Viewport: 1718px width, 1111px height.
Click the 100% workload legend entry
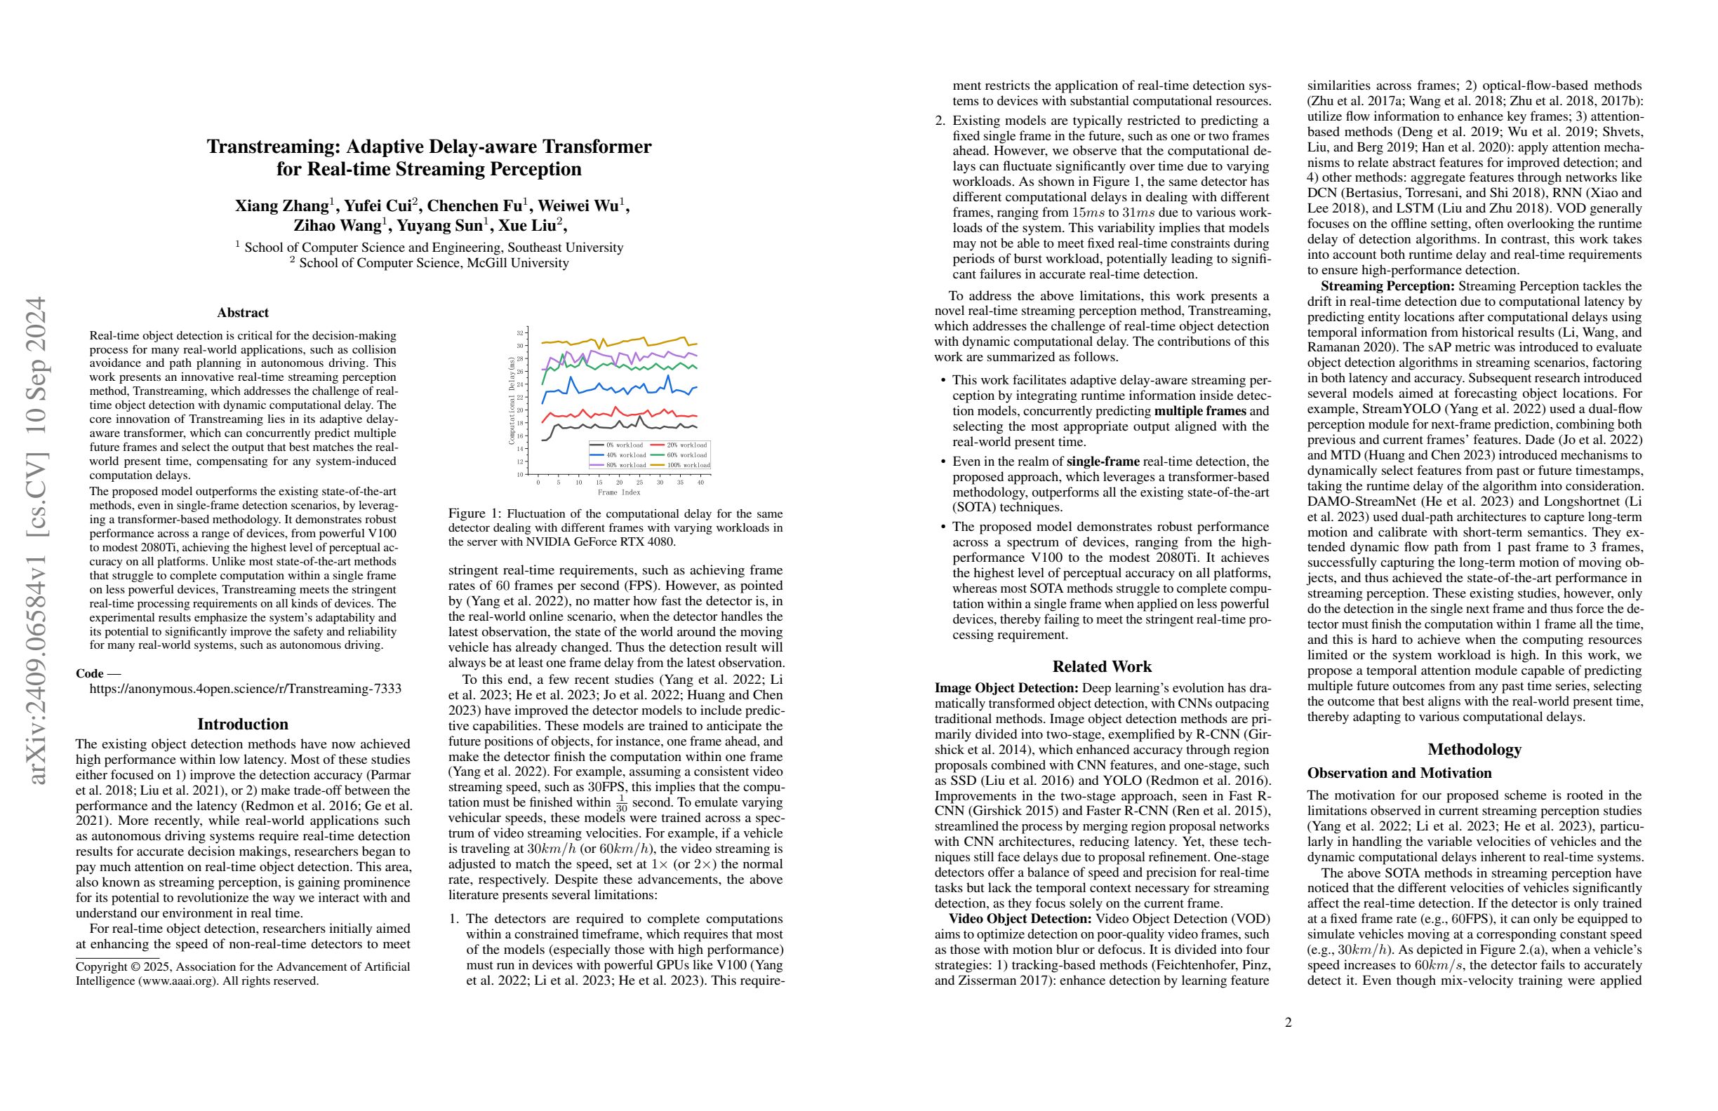point(686,465)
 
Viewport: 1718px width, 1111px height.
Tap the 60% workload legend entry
point(686,455)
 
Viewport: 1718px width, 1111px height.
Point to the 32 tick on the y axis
point(519,332)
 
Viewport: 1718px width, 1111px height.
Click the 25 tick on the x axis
point(639,482)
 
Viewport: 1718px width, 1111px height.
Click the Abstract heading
point(243,312)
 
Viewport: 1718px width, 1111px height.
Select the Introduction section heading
point(243,724)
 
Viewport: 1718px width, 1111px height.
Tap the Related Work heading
point(1102,666)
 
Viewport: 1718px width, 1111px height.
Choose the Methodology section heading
point(1474,749)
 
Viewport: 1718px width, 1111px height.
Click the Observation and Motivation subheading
point(1399,773)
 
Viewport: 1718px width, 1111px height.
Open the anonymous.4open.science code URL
point(246,688)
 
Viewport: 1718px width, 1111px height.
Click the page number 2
point(1288,1021)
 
